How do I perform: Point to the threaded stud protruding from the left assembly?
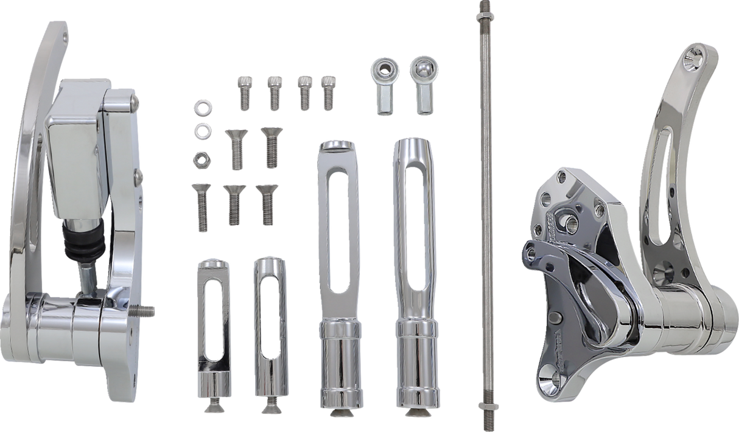tap(146, 311)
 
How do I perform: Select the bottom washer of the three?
tap(198, 159)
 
